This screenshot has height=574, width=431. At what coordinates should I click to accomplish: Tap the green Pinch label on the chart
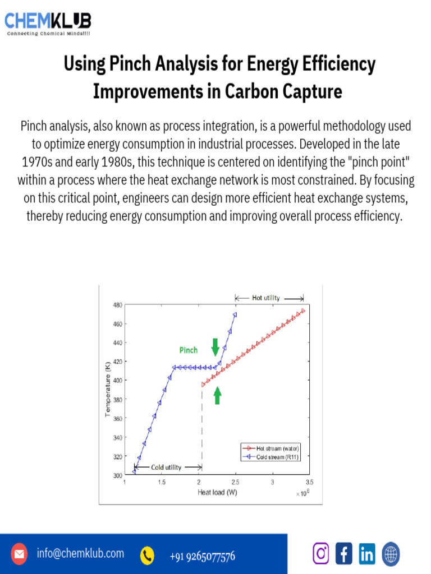pyautogui.click(x=188, y=350)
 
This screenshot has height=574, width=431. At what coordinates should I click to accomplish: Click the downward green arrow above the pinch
pyautogui.click(x=215, y=347)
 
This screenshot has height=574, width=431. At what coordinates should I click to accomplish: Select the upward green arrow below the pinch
pyautogui.click(x=217, y=396)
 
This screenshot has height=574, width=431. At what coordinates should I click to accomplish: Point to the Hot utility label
pyautogui.click(x=265, y=298)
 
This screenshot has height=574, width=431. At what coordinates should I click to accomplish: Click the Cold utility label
pyautogui.click(x=166, y=467)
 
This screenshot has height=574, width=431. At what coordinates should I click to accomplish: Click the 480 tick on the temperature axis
pyautogui.click(x=117, y=305)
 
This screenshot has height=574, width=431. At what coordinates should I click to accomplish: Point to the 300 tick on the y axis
pyautogui.click(x=117, y=475)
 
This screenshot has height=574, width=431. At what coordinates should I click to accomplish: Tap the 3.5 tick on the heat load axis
pyautogui.click(x=309, y=482)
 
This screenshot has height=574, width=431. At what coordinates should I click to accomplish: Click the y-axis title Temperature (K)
pyautogui.click(x=107, y=390)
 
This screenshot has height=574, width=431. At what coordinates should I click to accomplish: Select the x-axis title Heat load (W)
pyautogui.click(x=217, y=493)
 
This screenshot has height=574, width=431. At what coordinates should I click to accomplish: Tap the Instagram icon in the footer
pyautogui.click(x=321, y=554)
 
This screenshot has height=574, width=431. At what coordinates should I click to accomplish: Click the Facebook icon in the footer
pyautogui.click(x=343, y=554)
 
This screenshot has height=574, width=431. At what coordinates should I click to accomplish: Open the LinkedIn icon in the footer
pyautogui.click(x=367, y=554)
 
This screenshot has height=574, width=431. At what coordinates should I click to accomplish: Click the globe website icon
pyautogui.click(x=391, y=554)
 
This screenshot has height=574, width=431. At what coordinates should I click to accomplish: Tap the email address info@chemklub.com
pyautogui.click(x=80, y=554)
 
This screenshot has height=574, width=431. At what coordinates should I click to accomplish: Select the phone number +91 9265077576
pyautogui.click(x=202, y=556)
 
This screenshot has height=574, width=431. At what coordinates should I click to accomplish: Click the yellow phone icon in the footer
pyautogui.click(x=148, y=555)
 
